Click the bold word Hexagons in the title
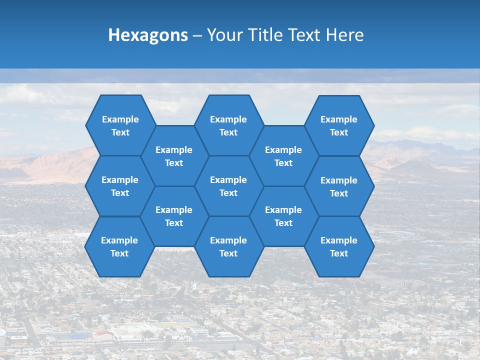coord(148,35)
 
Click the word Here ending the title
coord(345,35)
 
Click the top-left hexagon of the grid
coord(120,125)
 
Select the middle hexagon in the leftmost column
coord(120,186)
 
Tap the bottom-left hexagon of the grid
coord(119,246)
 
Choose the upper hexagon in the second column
coord(174,156)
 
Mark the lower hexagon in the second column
coord(174,216)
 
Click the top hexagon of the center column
coord(228,125)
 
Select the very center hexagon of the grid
coord(228,186)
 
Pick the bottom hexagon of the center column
coord(228,246)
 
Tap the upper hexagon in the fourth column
coord(283,156)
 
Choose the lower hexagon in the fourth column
coord(283,216)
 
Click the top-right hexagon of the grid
coord(339,125)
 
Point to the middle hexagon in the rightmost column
coord(339,186)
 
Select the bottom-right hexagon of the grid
coord(339,246)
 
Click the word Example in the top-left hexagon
coord(120,119)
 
